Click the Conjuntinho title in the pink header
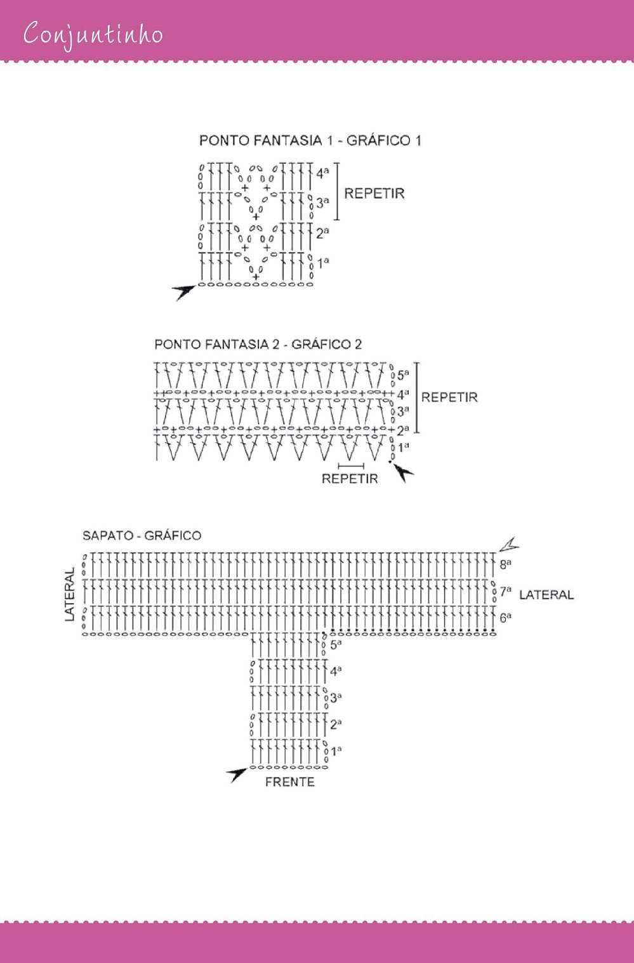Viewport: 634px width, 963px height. coord(93,34)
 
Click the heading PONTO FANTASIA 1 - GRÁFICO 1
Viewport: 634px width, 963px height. coord(310,140)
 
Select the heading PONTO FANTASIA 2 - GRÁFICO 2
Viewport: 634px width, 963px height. coord(258,344)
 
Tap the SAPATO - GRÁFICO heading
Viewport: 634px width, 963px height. coord(142,536)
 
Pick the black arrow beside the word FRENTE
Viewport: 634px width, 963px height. coord(237,774)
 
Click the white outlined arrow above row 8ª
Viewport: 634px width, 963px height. coord(509,544)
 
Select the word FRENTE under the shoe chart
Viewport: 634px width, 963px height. coord(289,782)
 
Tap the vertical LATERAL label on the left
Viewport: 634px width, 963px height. coord(70,594)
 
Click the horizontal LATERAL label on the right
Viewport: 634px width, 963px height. coord(546,595)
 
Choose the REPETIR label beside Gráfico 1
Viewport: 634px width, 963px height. coord(374,194)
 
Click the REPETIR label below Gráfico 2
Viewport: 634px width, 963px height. coord(350,479)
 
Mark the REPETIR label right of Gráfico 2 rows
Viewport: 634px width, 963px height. coord(449,397)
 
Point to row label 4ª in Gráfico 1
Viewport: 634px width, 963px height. coord(322,173)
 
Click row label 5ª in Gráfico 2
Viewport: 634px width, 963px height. coord(403,375)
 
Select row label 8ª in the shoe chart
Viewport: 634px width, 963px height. coord(505,564)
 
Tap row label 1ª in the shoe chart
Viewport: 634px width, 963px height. coord(336,751)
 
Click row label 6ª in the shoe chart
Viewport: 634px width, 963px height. coord(505,618)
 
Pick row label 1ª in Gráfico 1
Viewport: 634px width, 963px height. coord(323,262)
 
